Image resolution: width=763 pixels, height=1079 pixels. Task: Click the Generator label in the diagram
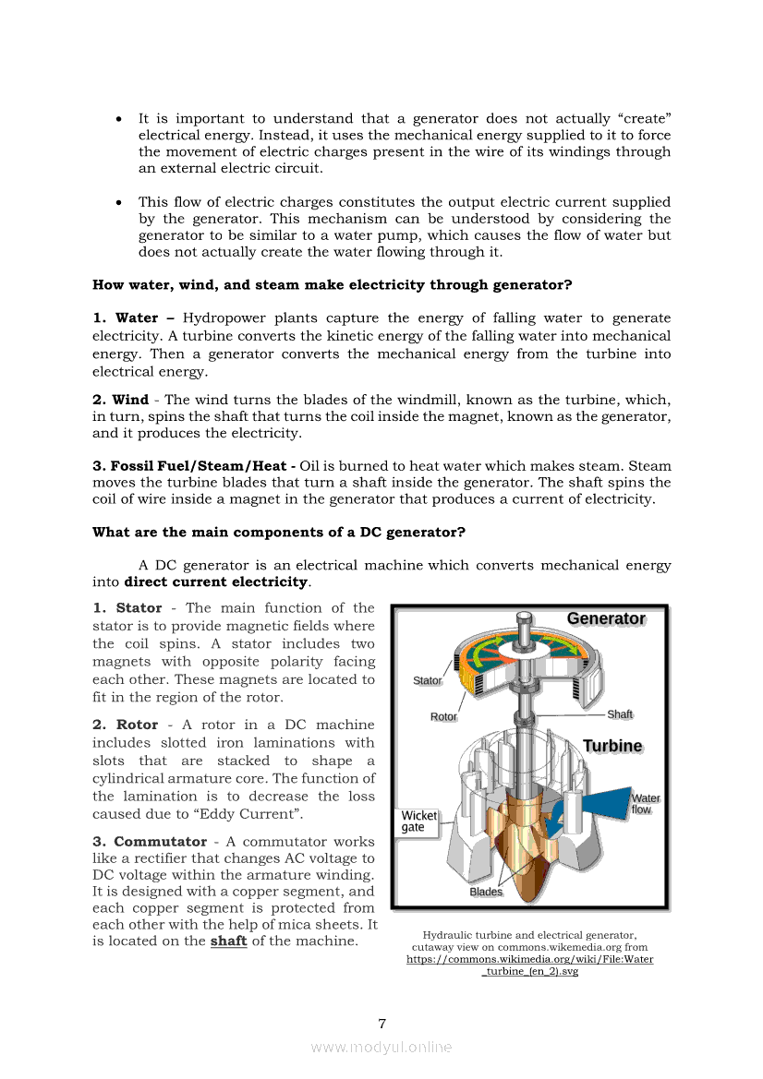pos(606,618)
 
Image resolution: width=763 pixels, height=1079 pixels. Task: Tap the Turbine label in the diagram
pos(612,746)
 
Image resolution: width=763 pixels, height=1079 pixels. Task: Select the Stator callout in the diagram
pos(427,680)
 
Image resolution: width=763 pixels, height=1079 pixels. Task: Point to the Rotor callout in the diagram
pos(443,716)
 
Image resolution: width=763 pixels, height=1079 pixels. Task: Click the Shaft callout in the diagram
pos(620,714)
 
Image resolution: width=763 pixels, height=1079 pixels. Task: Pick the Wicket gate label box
pos(419,821)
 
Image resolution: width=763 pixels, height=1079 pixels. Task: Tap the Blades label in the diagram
pos(486,892)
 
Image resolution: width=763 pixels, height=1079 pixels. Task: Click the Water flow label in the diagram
pos(645,803)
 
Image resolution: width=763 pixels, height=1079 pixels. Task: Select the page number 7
pos(381,1023)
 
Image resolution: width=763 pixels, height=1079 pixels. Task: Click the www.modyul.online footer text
pos(381,1047)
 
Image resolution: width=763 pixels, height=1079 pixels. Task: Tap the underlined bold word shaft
pos(228,941)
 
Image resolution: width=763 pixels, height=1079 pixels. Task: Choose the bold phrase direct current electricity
pos(215,582)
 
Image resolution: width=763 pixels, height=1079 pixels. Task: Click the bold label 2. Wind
pos(121,400)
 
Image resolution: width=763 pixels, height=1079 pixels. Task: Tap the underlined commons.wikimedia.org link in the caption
pos(529,965)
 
